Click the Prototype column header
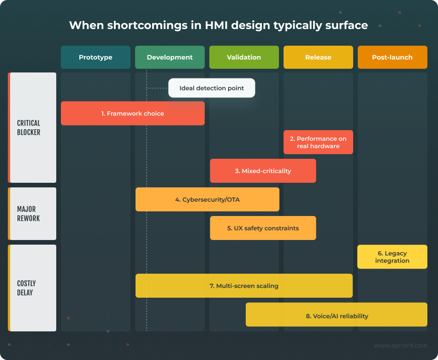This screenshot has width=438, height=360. [95, 57]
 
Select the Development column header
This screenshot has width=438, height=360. [170, 57]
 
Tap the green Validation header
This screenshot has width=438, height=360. [244, 57]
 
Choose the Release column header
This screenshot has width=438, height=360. [318, 57]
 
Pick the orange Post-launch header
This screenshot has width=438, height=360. [392, 57]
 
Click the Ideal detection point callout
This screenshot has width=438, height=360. [212, 88]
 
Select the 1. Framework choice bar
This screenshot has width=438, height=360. [133, 114]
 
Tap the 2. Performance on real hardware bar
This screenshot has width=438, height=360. [318, 142]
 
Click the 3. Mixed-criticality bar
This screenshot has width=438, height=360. [263, 171]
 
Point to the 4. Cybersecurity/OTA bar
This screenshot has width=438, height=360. [207, 199]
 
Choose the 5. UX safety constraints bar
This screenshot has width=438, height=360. [263, 228]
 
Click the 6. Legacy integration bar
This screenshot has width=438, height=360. [392, 257]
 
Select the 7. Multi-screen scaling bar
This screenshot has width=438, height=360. [244, 286]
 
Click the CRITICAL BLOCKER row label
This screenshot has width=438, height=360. [29, 127]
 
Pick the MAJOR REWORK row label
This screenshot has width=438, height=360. [29, 214]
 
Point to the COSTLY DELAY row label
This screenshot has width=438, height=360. [26, 288]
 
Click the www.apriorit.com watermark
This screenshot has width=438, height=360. [400, 345]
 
